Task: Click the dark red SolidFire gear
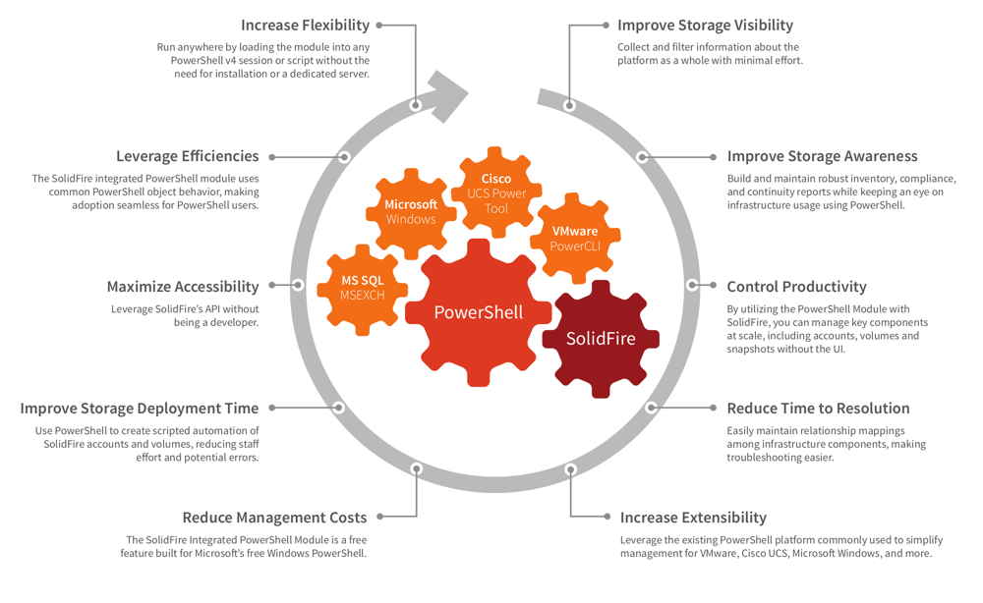point(601,339)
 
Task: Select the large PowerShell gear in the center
point(479,312)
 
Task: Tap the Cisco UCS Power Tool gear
point(496,192)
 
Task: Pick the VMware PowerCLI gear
point(575,239)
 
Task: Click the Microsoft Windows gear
point(411,213)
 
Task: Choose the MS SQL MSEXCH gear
point(363,289)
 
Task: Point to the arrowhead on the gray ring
point(446,96)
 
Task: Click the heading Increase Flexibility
point(306,26)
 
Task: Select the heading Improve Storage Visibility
point(705,26)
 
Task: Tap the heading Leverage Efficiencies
point(188,156)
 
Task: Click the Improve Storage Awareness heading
point(822,156)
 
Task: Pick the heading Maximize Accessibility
point(183,287)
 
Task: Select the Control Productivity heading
point(797,287)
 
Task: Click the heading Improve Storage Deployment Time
point(140,409)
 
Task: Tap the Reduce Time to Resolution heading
point(818,409)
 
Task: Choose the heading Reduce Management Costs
point(274,518)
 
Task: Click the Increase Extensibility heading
point(693,518)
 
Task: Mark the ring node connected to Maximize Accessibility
point(298,285)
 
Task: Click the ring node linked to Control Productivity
point(692,285)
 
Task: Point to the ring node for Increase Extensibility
point(570,469)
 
